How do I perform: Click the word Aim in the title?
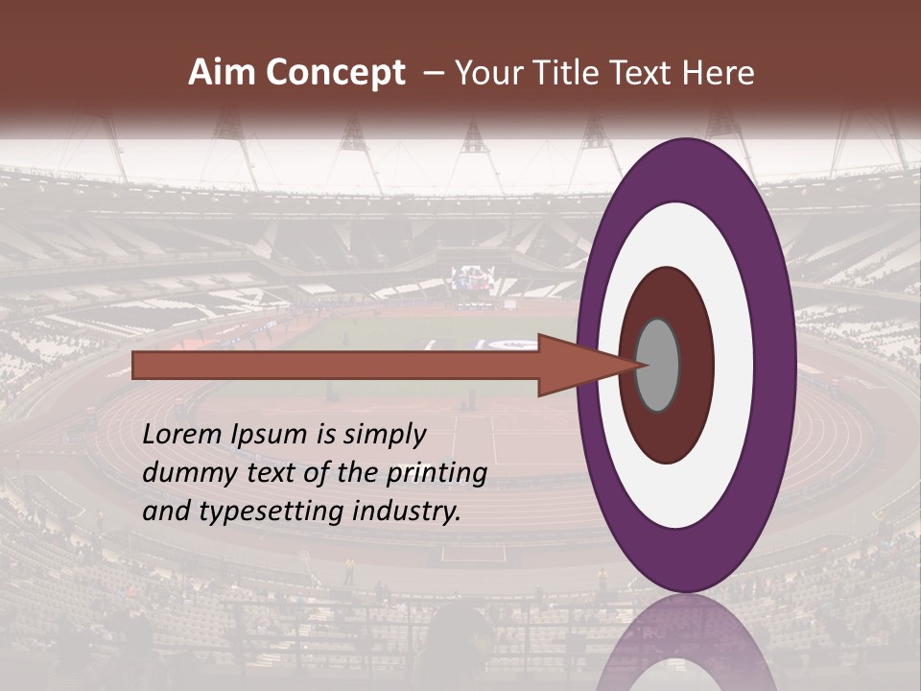coord(223,73)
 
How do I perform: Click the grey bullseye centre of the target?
coord(658,365)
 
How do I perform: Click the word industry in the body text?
coord(407,512)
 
